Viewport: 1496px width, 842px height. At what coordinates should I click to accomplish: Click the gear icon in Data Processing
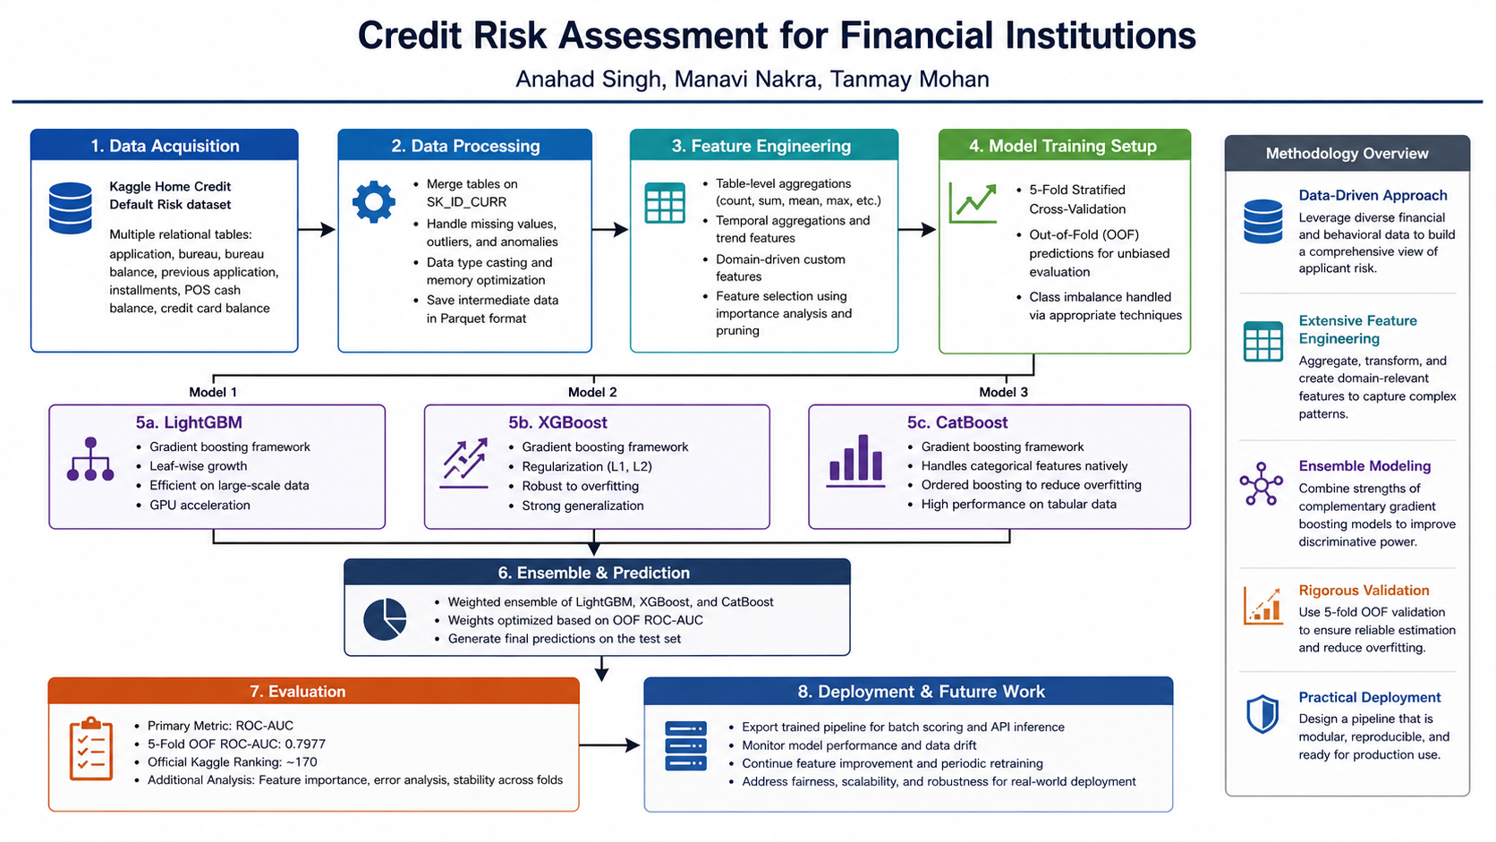(x=373, y=201)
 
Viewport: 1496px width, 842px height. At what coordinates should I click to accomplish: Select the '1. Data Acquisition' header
(x=165, y=145)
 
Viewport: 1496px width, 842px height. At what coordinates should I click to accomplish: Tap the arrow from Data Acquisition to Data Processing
(x=317, y=230)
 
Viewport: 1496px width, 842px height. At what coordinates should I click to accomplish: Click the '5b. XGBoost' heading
(x=557, y=422)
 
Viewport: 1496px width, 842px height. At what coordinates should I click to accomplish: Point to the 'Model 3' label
(x=1003, y=392)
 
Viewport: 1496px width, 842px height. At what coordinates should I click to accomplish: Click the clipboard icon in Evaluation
(x=91, y=749)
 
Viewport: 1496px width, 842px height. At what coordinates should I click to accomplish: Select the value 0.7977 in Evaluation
(x=305, y=744)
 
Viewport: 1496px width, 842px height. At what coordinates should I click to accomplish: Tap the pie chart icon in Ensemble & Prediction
(x=385, y=619)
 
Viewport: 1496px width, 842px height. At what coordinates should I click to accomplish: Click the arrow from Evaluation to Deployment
(x=609, y=745)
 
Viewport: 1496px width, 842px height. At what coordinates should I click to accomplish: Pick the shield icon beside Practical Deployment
(x=1262, y=714)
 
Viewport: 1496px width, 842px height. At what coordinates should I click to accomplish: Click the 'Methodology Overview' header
(x=1347, y=154)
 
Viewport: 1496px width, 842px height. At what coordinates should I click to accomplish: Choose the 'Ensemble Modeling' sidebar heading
(x=1364, y=466)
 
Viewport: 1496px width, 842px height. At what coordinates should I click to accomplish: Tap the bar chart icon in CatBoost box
(x=855, y=461)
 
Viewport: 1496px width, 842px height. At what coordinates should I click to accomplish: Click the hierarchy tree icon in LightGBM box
(x=90, y=459)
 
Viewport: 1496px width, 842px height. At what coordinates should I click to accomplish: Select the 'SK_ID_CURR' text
(x=466, y=201)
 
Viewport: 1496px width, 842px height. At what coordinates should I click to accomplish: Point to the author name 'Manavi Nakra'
(x=745, y=79)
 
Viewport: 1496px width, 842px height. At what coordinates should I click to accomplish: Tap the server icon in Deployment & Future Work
(x=686, y=745)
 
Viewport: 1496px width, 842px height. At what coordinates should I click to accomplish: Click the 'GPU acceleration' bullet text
(x=200, y=505)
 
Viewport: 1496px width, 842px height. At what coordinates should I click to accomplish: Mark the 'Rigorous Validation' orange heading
(x=1364, y=591)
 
